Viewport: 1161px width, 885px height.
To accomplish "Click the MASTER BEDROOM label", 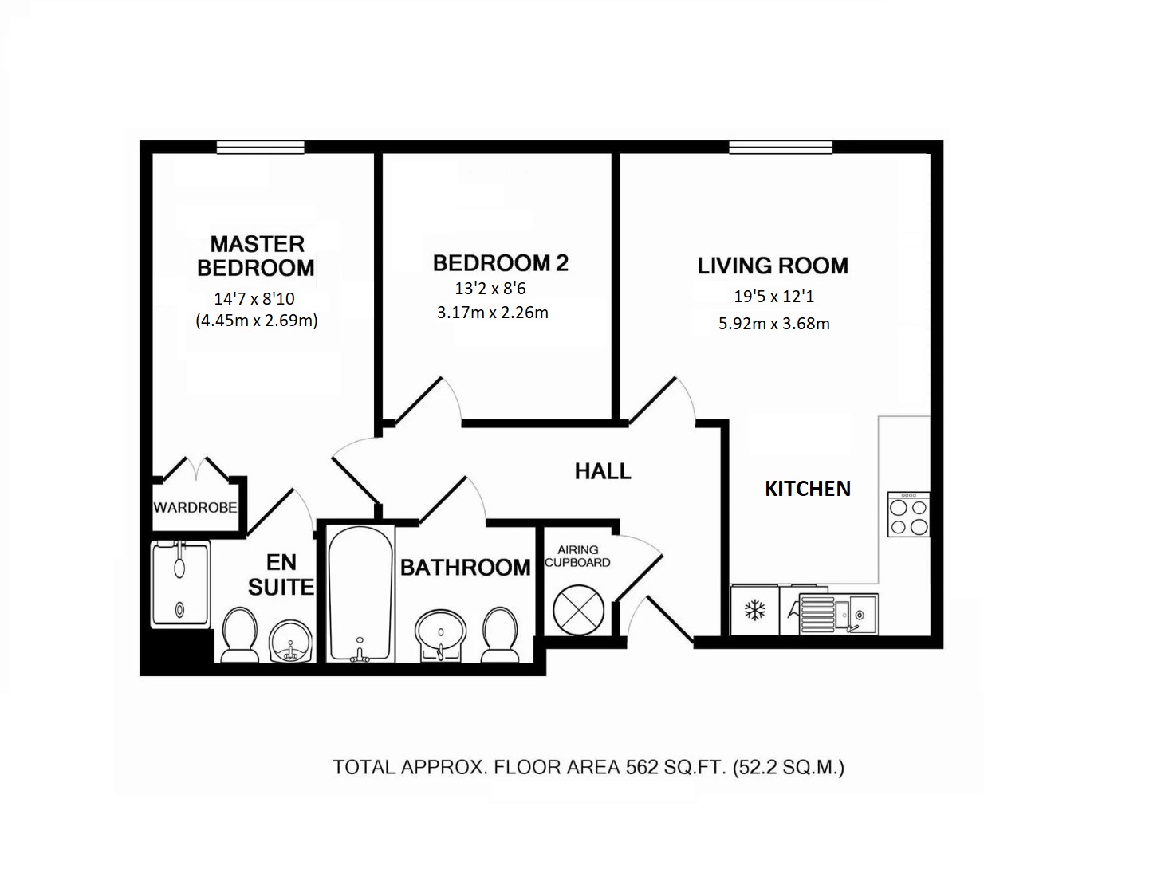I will [x=256, y=255].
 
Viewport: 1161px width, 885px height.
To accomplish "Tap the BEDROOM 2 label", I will [x=500, y=262].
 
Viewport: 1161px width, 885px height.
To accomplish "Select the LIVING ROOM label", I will [x=773, y=265].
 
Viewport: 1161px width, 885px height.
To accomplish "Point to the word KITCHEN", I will [x=808, y=488].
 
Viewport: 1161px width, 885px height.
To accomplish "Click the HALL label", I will [x=603, y=471].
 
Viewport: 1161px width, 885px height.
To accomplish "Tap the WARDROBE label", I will [x=195, y=507].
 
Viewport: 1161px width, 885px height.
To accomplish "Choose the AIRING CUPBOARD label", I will [x=577, y=556].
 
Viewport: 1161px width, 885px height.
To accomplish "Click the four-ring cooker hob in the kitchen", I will [x=908, y=515].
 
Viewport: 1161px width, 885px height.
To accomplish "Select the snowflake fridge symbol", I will [x=754, y=612].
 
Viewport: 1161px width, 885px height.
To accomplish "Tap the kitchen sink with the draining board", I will [x=838, y=613].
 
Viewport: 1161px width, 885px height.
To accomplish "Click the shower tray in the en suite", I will [x=180, y=585].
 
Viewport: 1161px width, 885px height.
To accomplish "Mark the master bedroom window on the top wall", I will [x=260, y=147].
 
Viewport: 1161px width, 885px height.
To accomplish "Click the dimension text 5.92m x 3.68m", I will [x=773, y=324].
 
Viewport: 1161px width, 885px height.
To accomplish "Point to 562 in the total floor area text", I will [x=642, y=767].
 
